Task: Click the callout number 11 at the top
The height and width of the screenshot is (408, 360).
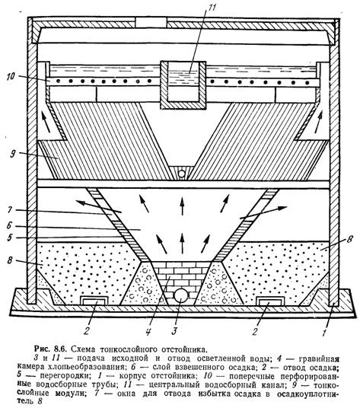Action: tap(212, 8)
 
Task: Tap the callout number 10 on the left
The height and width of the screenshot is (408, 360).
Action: tap(11, 76)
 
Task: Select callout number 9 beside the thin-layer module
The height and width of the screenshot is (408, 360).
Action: tap(12, 154)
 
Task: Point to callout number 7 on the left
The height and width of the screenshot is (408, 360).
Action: tap(10, 210)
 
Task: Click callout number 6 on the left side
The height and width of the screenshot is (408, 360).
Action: tap(9, 225)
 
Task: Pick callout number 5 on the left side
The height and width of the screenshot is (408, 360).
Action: tap(10, 237)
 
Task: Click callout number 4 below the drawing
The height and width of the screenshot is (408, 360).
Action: tap(148, 332)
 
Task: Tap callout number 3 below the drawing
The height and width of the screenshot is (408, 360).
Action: tap(174, 331)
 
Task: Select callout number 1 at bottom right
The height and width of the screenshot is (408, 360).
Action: tap(324, 333)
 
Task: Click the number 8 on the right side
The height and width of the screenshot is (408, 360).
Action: tap(349, 239)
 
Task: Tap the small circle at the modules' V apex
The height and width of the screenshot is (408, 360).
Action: tap(182, 174)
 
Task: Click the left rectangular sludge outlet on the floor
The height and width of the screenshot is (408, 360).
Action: tap(94, 301)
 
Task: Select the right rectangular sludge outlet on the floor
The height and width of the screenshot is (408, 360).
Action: tap(269, 301)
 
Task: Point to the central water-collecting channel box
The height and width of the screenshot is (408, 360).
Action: tap(183, 85)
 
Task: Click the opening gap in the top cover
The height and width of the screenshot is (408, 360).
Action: tap(151, 22)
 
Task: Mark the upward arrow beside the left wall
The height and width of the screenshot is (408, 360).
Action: tap(46, 123)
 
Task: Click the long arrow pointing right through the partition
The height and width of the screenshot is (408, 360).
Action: tap(263, 212)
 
